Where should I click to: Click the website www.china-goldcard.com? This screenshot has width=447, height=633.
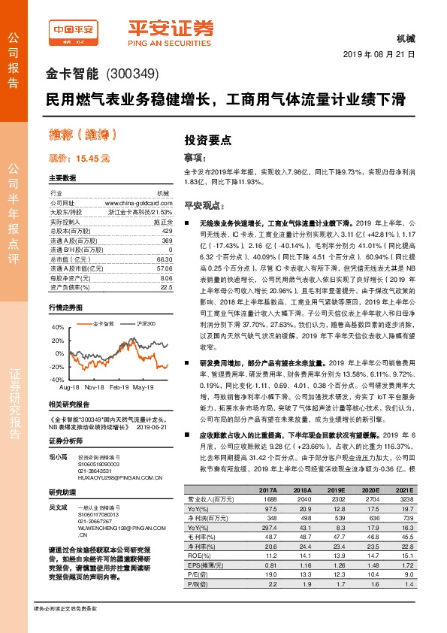point(134,203)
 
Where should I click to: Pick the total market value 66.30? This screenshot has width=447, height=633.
point(153,258)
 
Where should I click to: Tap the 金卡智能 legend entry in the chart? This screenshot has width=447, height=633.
point(103,323)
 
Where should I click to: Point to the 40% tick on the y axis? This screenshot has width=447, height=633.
point(55,328)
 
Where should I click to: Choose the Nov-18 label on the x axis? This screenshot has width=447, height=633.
point(94,386)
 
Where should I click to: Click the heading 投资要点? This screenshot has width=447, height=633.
point(208,140)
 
